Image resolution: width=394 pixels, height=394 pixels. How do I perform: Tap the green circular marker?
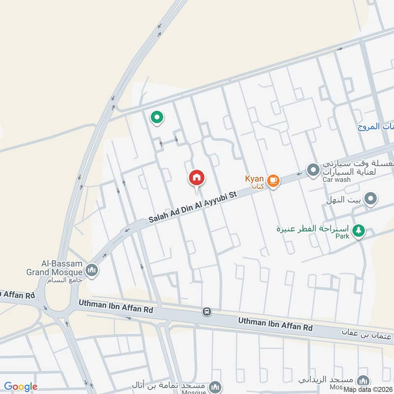click(157, 117)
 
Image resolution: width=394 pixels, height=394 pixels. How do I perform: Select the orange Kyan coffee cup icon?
click(273, 181)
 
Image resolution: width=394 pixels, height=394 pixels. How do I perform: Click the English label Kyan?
click(255, 178)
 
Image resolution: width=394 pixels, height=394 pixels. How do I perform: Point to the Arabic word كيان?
click(257, 187)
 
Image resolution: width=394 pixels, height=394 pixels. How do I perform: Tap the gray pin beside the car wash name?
click(313, 171)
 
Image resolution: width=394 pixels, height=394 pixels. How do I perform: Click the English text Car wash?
click(336, 180)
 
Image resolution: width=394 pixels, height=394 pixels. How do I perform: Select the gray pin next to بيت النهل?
click(372, 199)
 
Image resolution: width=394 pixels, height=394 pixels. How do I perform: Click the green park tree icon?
click(359, 230)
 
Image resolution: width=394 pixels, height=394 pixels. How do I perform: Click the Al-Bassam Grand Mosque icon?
click(92, 270)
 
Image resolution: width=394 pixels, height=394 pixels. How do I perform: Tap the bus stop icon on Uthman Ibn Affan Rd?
click(206, 312)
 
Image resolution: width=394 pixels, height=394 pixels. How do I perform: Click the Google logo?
click(21, 387)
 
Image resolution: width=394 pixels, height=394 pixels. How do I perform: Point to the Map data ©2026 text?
click(368, 389)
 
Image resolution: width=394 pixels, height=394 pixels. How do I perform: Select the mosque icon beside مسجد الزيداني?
click(363, 381)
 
